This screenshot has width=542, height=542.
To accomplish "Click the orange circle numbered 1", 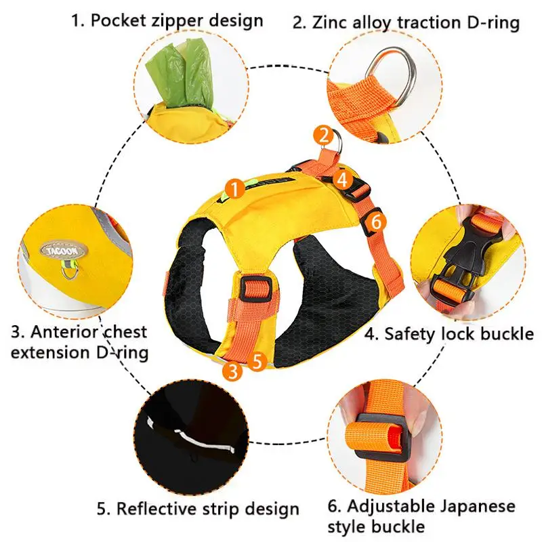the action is point(234,189).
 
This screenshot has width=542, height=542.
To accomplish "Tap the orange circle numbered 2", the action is point(324,135).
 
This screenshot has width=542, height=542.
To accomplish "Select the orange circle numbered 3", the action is point(233,371).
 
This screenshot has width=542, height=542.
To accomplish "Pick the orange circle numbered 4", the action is point(342,180).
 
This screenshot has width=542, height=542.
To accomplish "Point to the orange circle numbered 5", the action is point(257,362).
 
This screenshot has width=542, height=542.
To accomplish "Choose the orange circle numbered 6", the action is point(376,222).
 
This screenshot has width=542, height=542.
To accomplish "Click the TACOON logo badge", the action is point(64,251).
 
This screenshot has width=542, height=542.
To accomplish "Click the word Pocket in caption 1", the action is point(118,21).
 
